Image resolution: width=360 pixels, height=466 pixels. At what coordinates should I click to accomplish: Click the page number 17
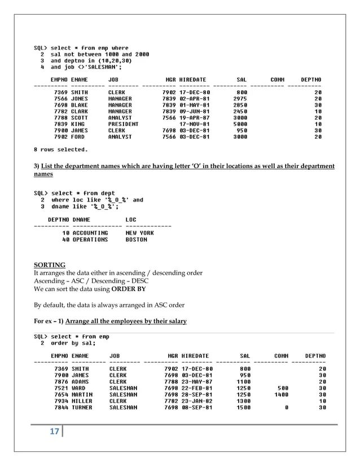[55, 432]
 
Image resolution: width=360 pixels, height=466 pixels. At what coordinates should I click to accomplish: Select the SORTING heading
[50, 265]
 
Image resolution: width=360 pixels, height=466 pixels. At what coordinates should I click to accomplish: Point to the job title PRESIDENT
[123, 124]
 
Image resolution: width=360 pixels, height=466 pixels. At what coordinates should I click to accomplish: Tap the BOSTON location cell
[136, 240]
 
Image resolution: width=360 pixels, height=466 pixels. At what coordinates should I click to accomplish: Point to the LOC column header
[131, 219]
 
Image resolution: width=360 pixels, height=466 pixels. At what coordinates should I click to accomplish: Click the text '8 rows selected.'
[61, 150]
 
